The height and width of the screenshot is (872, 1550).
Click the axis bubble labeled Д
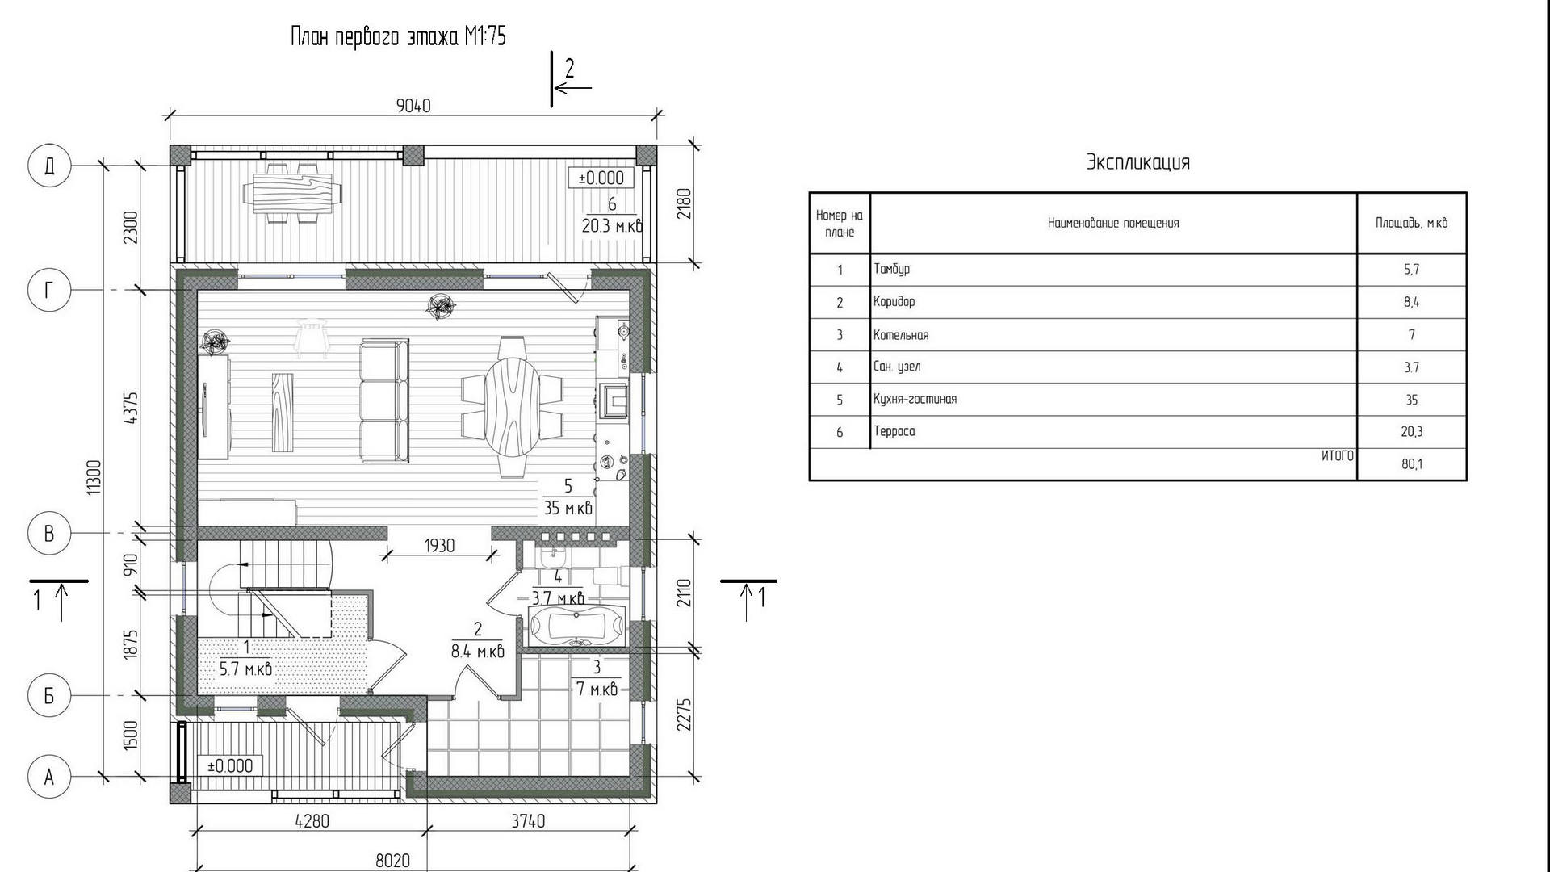pyautogui.click(x=49, y=166)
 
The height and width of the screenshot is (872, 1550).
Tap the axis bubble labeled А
pyautogui.click(x=49, y=777)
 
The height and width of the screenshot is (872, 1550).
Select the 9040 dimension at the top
pyautogui.click(x=413, y=106)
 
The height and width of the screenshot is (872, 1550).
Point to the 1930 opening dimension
pyautogui.click(x=439, y=546)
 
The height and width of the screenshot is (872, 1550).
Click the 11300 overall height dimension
pyautogui.click(x=94, y=477)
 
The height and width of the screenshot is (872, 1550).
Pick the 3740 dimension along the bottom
pyautogui.click(x=528, y=821)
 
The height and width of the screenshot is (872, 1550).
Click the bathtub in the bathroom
pyautogui.click(x=576, y=626)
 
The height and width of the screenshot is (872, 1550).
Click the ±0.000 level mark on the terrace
pyautogui.click(x=601, y=178)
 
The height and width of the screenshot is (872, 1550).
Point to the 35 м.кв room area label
pyautogui.click(x=568, y=508)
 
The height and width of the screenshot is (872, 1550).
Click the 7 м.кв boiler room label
pyautogui.click(x=597, y=689)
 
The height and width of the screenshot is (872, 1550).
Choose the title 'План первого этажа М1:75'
pyautogui.click(x=398, y=36)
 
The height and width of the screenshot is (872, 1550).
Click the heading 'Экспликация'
pyautogui.click(x=1137, y=161)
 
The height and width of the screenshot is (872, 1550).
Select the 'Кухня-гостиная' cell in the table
pyautogui.click(x=915, y=399)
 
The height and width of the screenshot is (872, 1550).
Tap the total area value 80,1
pyautogui.click(x=1412, y=464)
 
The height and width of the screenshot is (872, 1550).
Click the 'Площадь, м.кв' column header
pyautogui.click(x=1412, y=223)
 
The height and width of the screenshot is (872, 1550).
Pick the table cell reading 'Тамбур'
pyautogui.click(x=891, y=269)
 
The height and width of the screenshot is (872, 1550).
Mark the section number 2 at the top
pyautogui.click(x=569, y=69)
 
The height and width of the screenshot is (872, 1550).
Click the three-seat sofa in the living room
pyautogui.click(x=384, y=401)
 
